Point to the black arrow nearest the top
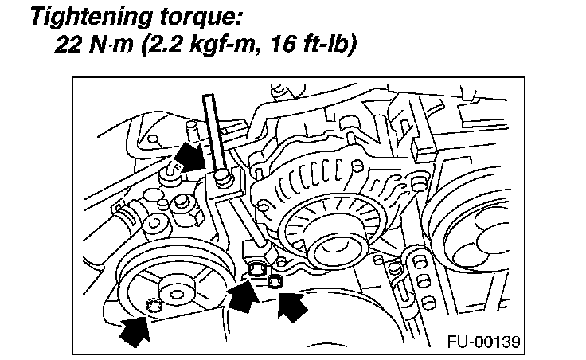(192, 157)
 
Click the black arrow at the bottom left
(135, 328)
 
